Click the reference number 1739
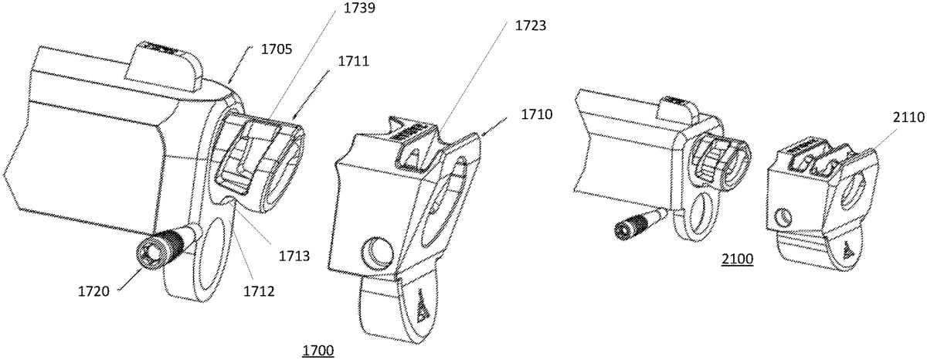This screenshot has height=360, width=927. (x=359, y=8)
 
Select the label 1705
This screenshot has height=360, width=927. (x=277, y=49)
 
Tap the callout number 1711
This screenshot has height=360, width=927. (x=354, y=61)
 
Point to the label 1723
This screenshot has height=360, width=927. (x=531, y=25)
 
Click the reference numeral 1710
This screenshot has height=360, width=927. (x=537, y=114)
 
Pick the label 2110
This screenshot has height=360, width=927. (x=908, y=117)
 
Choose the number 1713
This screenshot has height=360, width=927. (x=294, y=256)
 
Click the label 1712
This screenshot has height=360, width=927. (x=259, y=291)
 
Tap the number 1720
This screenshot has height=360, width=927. (x=94, y=291)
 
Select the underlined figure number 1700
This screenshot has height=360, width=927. (x=318, y=351)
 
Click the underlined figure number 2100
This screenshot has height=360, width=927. (x=738, y=259)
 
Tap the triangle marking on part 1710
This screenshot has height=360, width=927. (x=422, y=305)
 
